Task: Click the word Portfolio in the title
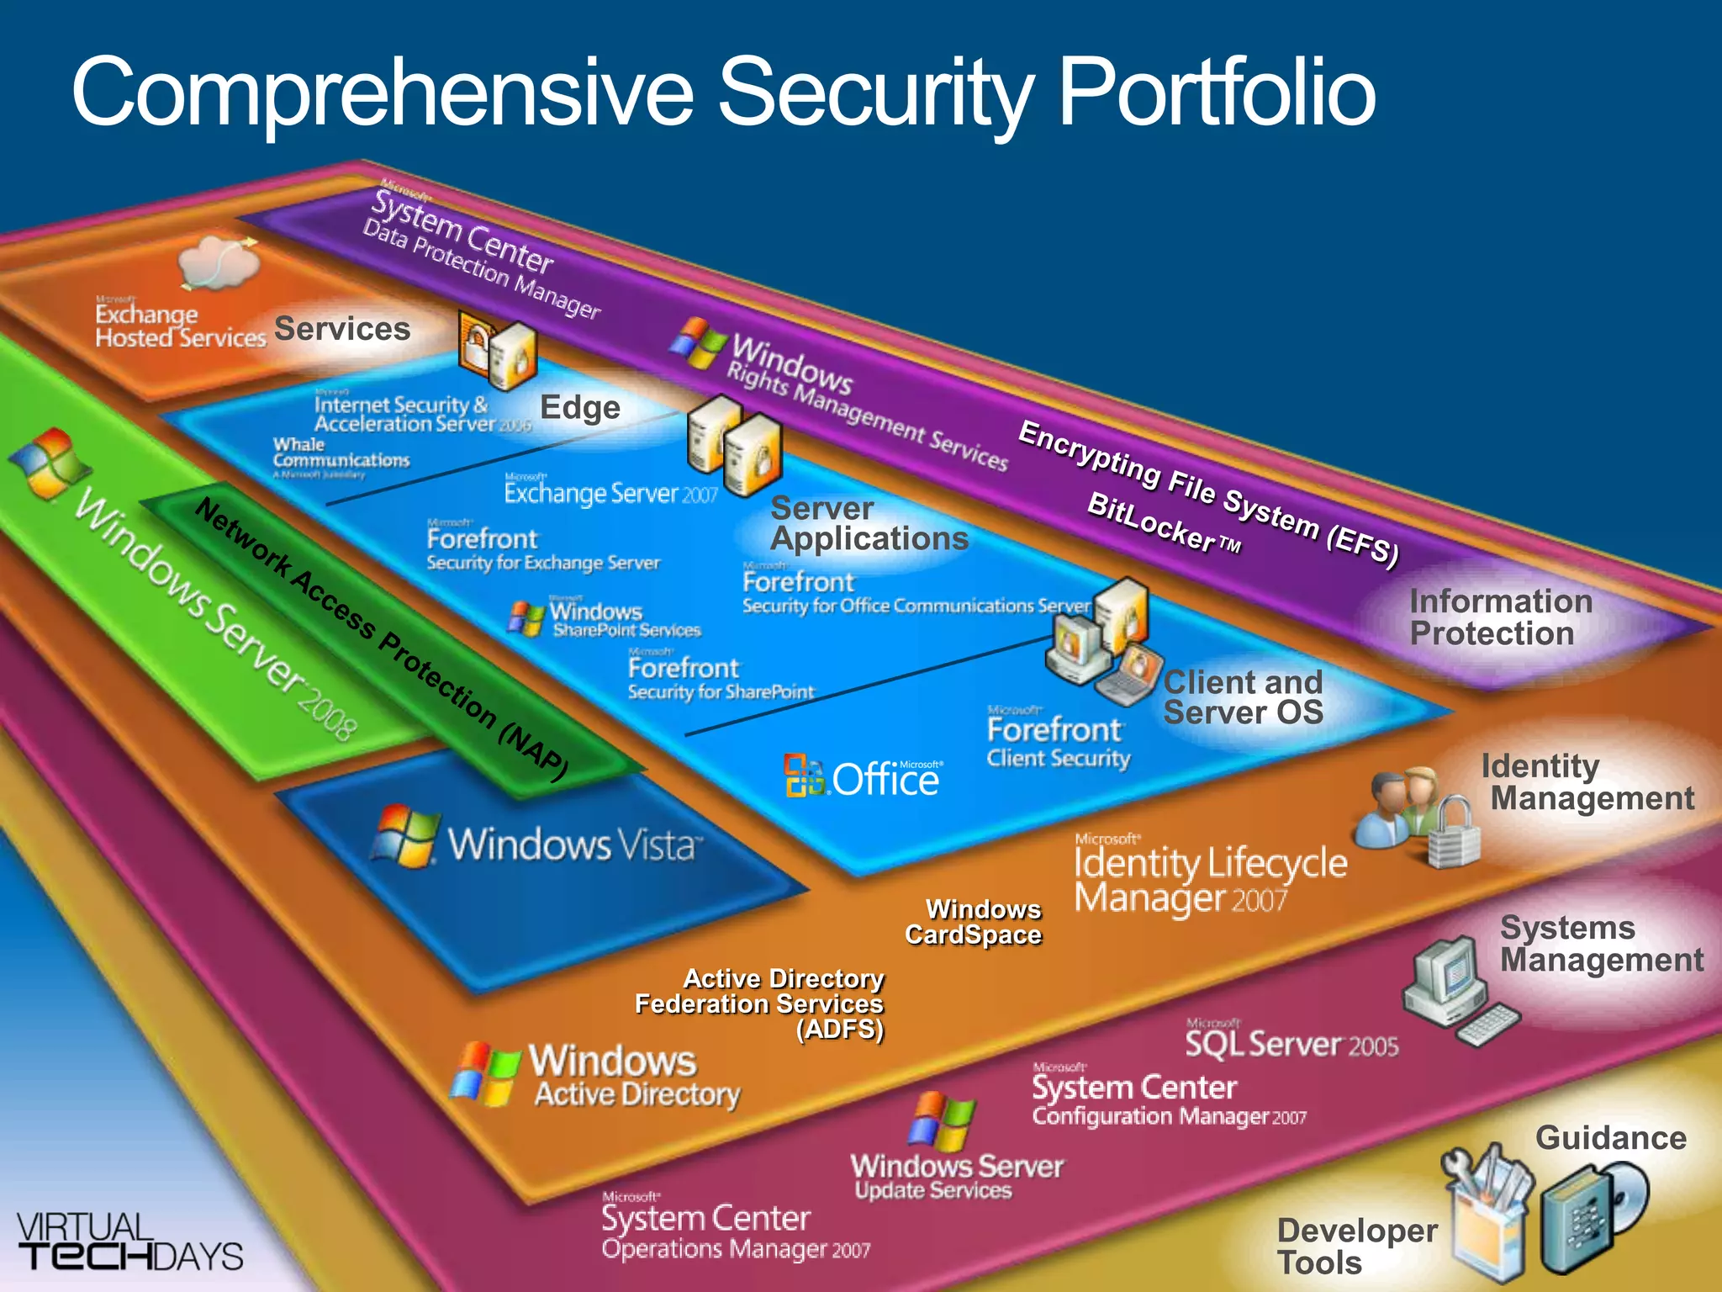(1216, 93)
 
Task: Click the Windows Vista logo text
(572, 844)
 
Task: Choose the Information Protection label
(1500, 617)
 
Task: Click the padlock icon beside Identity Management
(1453, 833)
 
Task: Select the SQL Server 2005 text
(1291, 1043)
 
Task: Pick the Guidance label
(1610, 1138)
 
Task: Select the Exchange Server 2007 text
(610, 492)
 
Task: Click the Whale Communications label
(340, 453)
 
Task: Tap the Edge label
(580, 407)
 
